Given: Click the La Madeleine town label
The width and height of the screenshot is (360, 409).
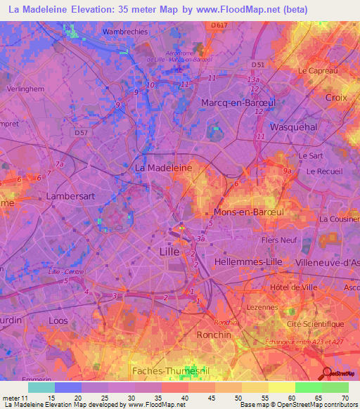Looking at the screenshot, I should (163, 169).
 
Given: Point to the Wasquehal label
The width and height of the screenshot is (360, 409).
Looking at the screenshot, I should (294, 127).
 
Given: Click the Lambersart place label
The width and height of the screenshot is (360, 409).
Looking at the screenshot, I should (69, 196).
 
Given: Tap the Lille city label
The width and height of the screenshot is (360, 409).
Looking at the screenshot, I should (169, 251).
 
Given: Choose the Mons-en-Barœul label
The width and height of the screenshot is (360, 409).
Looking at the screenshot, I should (243, 211).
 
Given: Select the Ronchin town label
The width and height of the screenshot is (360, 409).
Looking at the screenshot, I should (214, 335).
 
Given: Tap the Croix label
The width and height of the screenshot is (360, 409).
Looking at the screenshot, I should (336, 98).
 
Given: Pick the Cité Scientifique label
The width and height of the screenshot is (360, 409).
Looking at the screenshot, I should (316, 324).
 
